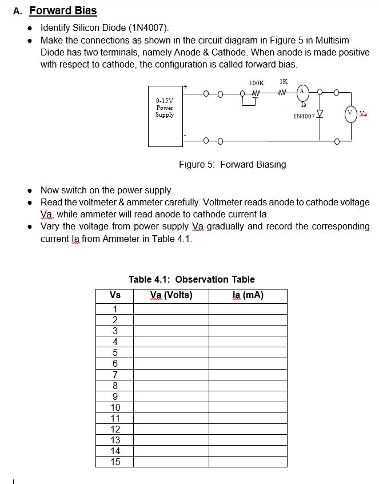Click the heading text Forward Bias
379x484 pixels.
click(x=63, y=10)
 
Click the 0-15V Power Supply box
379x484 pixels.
click(x=165, y=116)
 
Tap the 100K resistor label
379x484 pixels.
click(x=257, y=84)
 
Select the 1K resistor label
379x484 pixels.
click(x=284, y=82)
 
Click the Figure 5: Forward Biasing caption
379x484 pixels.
click(x=232, y=165)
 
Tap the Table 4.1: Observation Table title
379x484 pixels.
click(x=192, y=279)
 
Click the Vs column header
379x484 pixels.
click(x=115, y=296)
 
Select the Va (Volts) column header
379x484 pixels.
click(x=171, y=296)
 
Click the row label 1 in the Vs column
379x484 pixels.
click(x=115, y=310)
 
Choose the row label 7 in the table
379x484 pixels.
click(x=115, y=375)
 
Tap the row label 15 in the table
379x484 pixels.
click(x=115, y=462)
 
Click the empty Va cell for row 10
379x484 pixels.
click(x=171, y=407)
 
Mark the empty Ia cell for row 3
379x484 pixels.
click(x=248, y=331)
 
